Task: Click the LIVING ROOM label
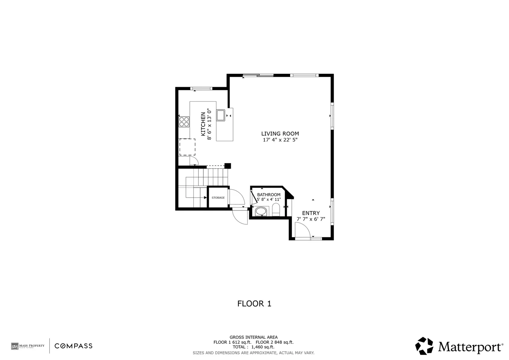(x=280, y=134)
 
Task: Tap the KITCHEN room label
(x=203, y=124)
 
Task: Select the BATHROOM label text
(x=269, y=195)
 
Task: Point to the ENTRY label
(x=311, y=213)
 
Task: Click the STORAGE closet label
(x=218, y=198)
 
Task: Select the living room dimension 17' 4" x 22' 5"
(x=280, y=140)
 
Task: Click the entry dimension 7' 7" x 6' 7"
(x=311, y=219)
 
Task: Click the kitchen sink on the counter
(x=220, y=115)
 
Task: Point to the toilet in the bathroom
(x=276, y=210)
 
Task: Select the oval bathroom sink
(x=261, y=211)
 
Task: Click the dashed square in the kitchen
(x=187, y=147)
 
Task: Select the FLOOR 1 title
(x=254, y=303)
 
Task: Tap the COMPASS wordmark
(x=73, y=346)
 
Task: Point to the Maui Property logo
(x=28, y=346)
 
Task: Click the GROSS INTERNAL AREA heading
(x=253, y=337)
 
